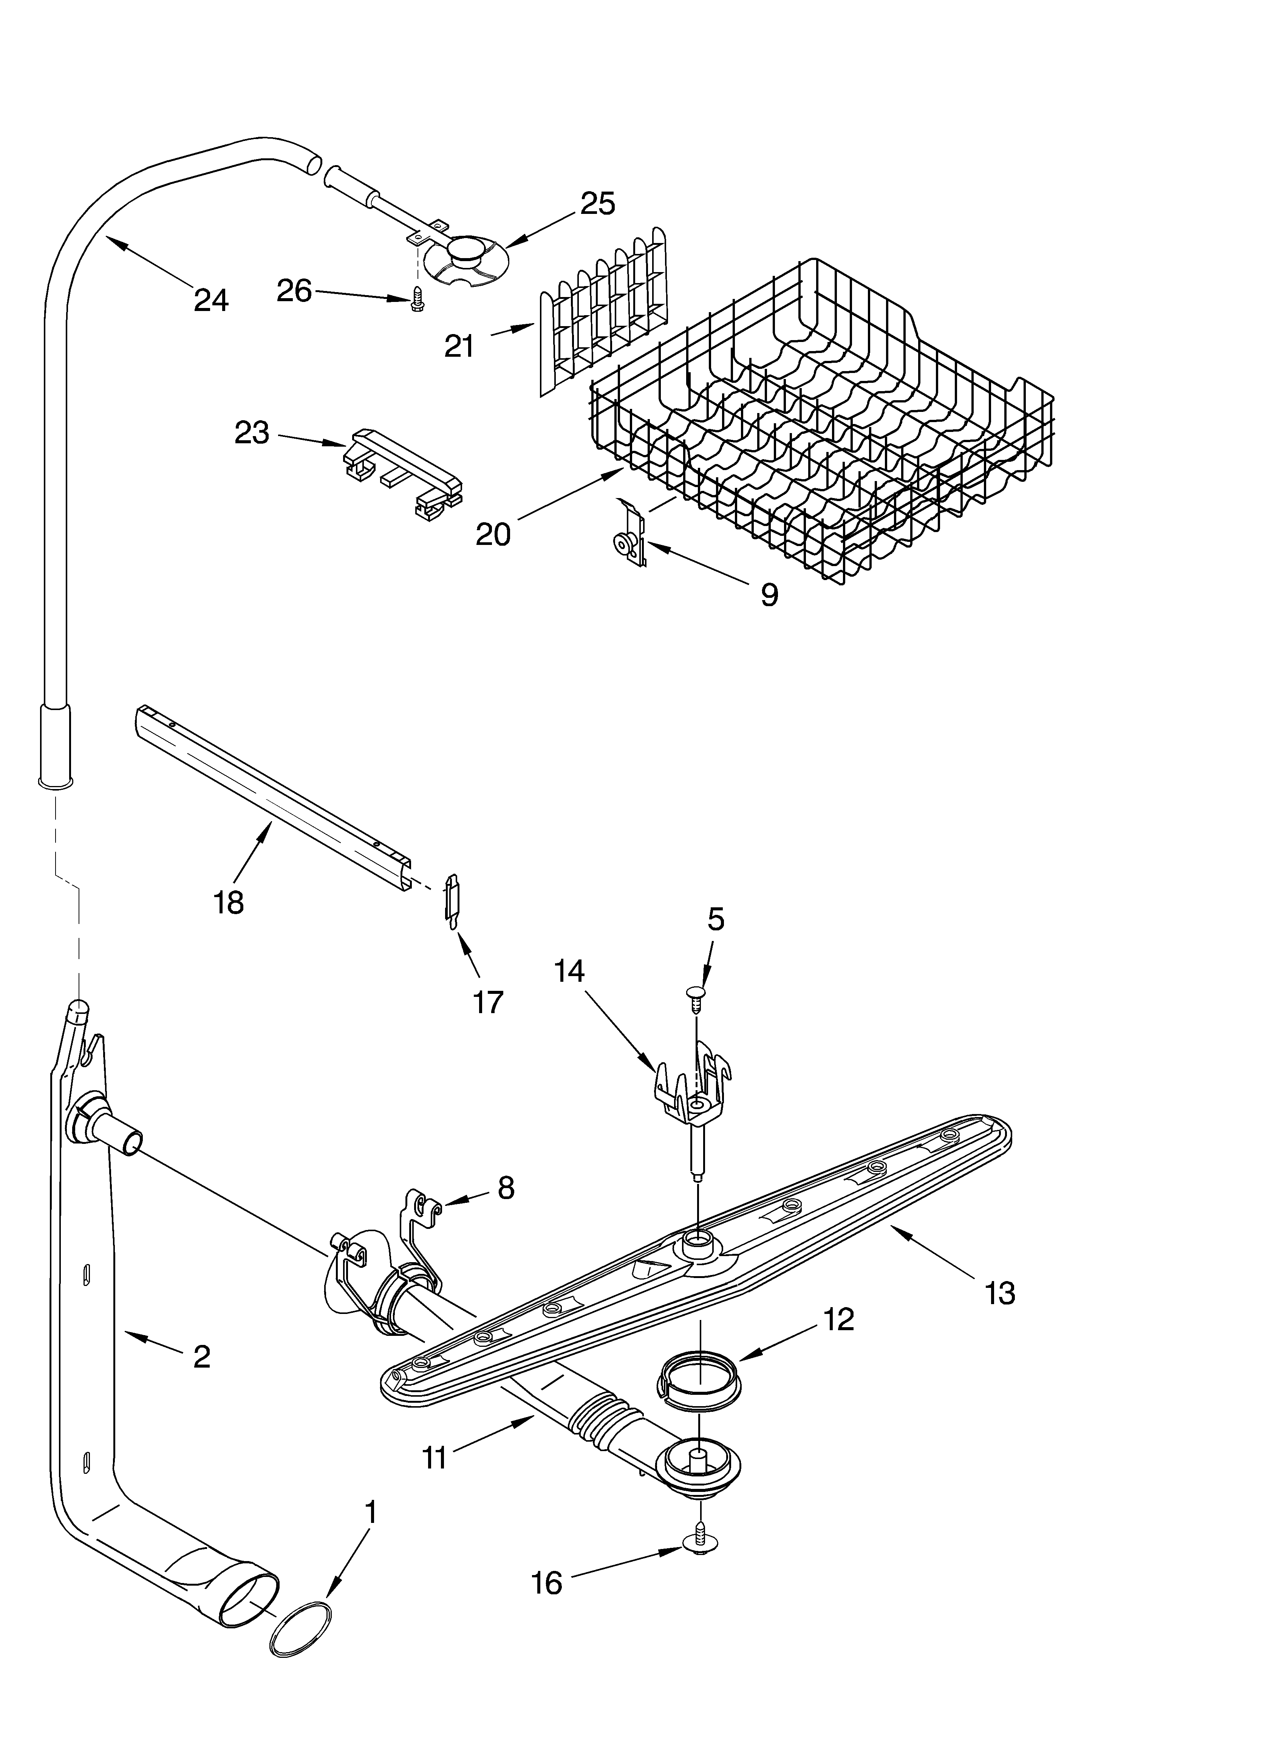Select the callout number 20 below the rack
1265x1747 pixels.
coord(493,534)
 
